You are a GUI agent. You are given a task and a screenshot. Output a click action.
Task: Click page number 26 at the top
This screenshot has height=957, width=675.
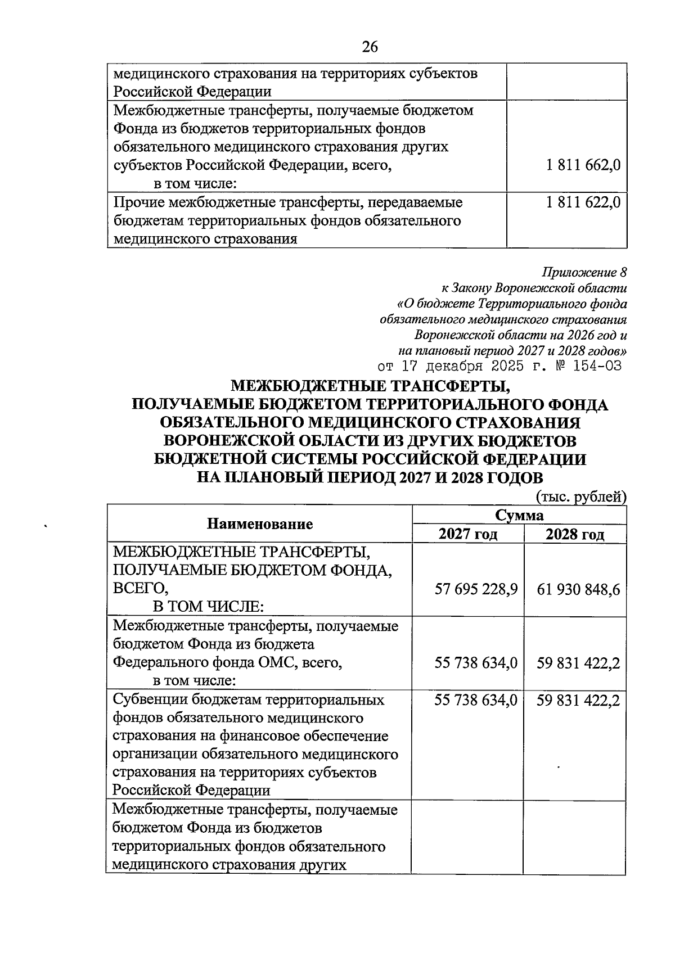pos(370,47)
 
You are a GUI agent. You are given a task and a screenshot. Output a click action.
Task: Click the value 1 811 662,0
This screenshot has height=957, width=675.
pos(583,165)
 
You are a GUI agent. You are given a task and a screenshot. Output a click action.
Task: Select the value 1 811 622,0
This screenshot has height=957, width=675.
pos(583,202)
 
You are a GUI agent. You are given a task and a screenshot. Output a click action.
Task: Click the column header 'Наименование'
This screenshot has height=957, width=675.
pos(260,524)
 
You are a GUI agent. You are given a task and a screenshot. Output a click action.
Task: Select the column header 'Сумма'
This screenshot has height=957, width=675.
pos(519,516)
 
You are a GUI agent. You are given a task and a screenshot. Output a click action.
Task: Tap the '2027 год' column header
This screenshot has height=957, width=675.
pos(468,534)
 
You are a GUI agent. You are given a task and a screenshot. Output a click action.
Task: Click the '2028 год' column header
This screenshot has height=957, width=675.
pos(574,534)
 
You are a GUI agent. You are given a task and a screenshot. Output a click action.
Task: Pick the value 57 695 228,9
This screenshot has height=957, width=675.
pos(476,589)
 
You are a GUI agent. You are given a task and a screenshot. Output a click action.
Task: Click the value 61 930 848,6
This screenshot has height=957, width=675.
pos(578,589)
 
